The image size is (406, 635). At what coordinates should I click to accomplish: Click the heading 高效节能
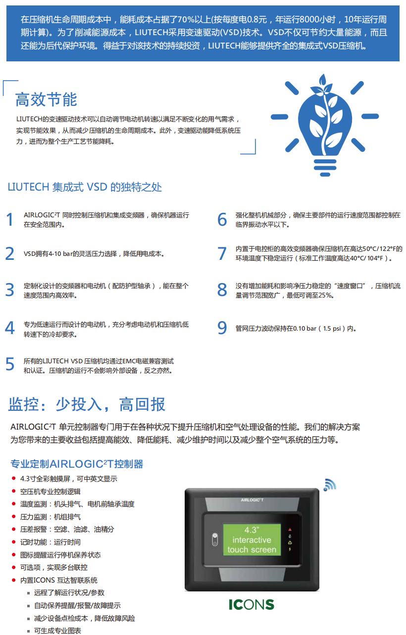[46, 99]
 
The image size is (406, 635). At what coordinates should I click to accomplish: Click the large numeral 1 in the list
[10, 220]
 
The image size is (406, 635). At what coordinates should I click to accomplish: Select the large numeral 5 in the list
[10, 364]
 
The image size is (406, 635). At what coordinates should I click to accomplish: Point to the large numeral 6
[222, 220]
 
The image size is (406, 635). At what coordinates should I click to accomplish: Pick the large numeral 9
[222, 328]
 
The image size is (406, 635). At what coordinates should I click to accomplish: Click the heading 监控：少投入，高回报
[87, 404]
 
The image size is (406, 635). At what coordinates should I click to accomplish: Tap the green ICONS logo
[252, 605]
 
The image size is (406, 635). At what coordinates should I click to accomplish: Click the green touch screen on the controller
[252, 539]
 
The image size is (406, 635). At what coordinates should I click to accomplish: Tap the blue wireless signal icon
[329, 485]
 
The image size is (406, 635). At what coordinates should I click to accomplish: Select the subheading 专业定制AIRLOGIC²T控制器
[77, 464]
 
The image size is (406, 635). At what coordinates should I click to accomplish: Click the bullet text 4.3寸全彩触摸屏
[69, 479]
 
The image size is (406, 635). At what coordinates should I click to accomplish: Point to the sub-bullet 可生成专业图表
[57, 631]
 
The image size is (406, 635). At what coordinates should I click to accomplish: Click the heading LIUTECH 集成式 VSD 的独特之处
[85, 187]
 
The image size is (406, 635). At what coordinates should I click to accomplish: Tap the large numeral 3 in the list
[10, 290]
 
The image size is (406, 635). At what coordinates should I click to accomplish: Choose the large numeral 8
[222, 290]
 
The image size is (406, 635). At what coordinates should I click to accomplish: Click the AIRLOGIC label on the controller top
[252, 500]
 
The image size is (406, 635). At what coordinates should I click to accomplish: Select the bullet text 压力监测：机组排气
[51, 517]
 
